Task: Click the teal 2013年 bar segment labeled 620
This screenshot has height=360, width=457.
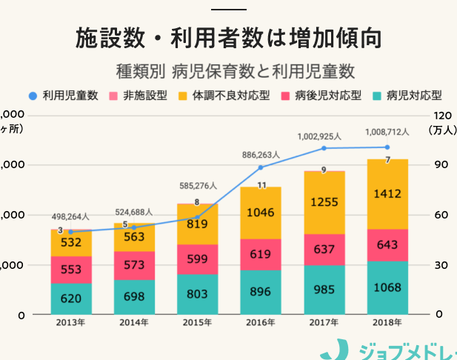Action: tap(71, 299)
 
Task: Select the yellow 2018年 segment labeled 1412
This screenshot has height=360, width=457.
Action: tap(387, 195)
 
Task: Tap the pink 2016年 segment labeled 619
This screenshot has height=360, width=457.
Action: tap(261, 254)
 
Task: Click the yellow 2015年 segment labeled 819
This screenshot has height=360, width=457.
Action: tap(197, 224)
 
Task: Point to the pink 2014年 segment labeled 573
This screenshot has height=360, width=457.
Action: tap(134, 265)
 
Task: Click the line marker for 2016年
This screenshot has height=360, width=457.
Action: tap(261, 167)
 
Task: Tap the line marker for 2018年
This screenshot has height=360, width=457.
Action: tap(387, 147)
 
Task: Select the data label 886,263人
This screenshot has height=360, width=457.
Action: tap(261, 155)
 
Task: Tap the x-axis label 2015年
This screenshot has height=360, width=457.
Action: tap(197, 322)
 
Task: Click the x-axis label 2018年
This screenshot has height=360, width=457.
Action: tap(387, 322)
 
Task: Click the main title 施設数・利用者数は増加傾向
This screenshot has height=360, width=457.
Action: tap(228, 38)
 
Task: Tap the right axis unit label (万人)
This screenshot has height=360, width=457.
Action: tap(443, 129)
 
